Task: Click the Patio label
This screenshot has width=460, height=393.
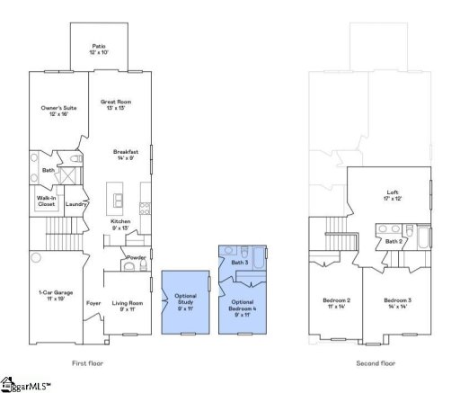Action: [x=99, y=49]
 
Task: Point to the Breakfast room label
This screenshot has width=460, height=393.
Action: [x=125, y=155]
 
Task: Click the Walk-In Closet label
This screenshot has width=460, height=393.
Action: [x=46, y=201]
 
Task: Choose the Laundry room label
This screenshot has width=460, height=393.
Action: [x=75, y=203]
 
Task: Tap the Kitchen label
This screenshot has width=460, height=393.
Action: [x=120, y=223]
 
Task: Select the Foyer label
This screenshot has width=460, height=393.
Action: [x=93, y=303]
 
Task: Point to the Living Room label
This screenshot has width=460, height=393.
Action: [x=128, y=306]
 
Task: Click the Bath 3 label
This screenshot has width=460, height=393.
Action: [x=239, y=262]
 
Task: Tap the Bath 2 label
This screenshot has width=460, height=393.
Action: [x=393, y=241]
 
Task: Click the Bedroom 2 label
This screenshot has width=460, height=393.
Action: [x=336, y=302]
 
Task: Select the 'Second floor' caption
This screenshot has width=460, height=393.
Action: [x=375, y=363]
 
